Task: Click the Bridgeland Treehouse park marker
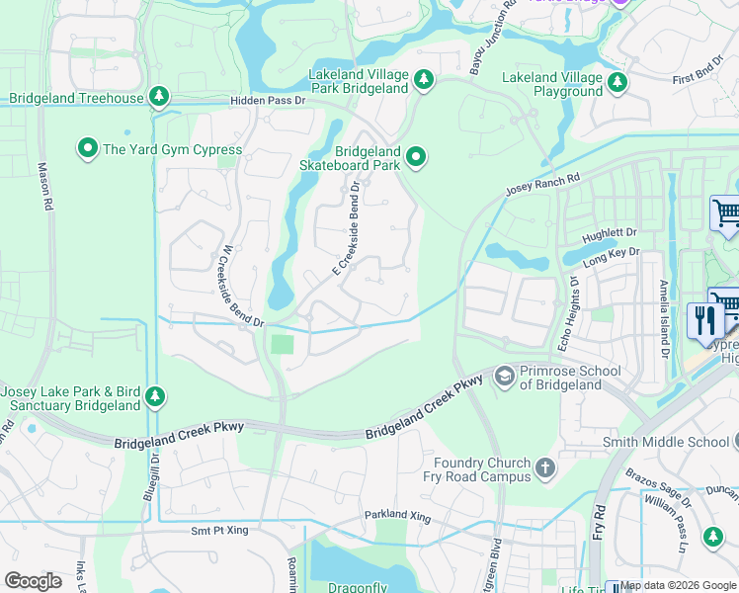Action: [157, 97]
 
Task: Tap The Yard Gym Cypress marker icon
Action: [87, 149]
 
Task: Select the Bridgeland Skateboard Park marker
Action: [417, 156]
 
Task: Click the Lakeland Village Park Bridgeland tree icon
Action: [424, 79]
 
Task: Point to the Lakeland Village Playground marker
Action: [618, 83]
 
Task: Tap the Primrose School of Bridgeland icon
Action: [505, 377]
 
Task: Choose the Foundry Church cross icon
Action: [544, 468]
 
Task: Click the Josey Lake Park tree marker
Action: [155, 397]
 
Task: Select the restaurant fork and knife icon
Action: [705, 322]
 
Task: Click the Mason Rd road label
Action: [43, 187]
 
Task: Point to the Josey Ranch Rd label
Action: [541, 185]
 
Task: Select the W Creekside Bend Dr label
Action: [231, 286]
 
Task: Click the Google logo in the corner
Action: [33, 581]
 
